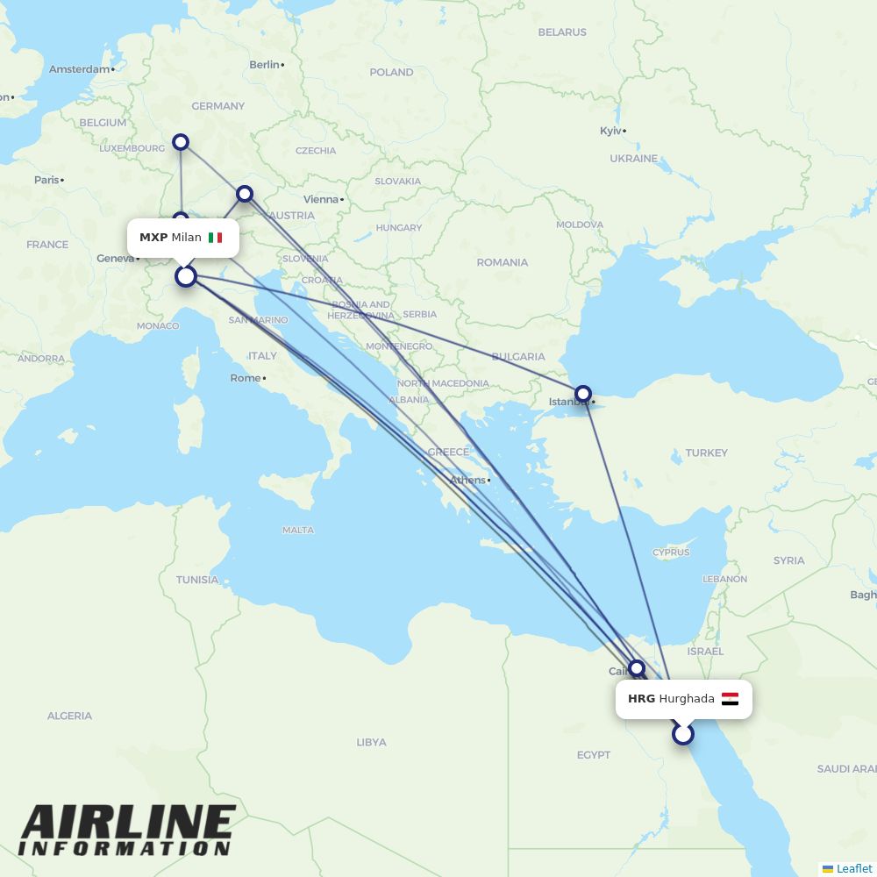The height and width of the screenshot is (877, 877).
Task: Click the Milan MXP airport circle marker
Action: [186, 276]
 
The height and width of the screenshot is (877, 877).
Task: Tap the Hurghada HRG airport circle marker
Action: [683, 734]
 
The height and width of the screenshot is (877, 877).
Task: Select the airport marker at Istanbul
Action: [582, 394]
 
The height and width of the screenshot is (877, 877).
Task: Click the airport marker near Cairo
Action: [637, 668]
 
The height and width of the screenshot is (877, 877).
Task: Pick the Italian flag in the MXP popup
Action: [215, 238]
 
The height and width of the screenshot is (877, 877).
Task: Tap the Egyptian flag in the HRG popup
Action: [730, 699]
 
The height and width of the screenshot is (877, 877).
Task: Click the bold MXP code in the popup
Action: [153, 238]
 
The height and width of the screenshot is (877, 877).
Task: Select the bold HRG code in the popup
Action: [641, 699]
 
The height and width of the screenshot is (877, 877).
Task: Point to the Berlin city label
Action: [264, 64]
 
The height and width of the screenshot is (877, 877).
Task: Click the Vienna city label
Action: [321, 199]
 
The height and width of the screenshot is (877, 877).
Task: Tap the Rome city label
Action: [246, 378]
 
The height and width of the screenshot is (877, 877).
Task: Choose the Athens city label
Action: [467, 480]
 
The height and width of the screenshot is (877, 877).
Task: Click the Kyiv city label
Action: [610, 131]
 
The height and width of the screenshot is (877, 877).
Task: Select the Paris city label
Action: [46, 180]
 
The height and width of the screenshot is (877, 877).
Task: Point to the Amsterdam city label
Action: [80, 68]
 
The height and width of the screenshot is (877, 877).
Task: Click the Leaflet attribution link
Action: [853, 868]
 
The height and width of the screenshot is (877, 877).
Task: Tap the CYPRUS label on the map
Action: [671, 553]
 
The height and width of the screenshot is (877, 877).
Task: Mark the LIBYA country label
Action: [371, 742]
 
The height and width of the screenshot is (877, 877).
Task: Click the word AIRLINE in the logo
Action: [127, 823]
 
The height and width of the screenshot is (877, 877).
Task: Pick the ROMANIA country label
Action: [502, 262]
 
